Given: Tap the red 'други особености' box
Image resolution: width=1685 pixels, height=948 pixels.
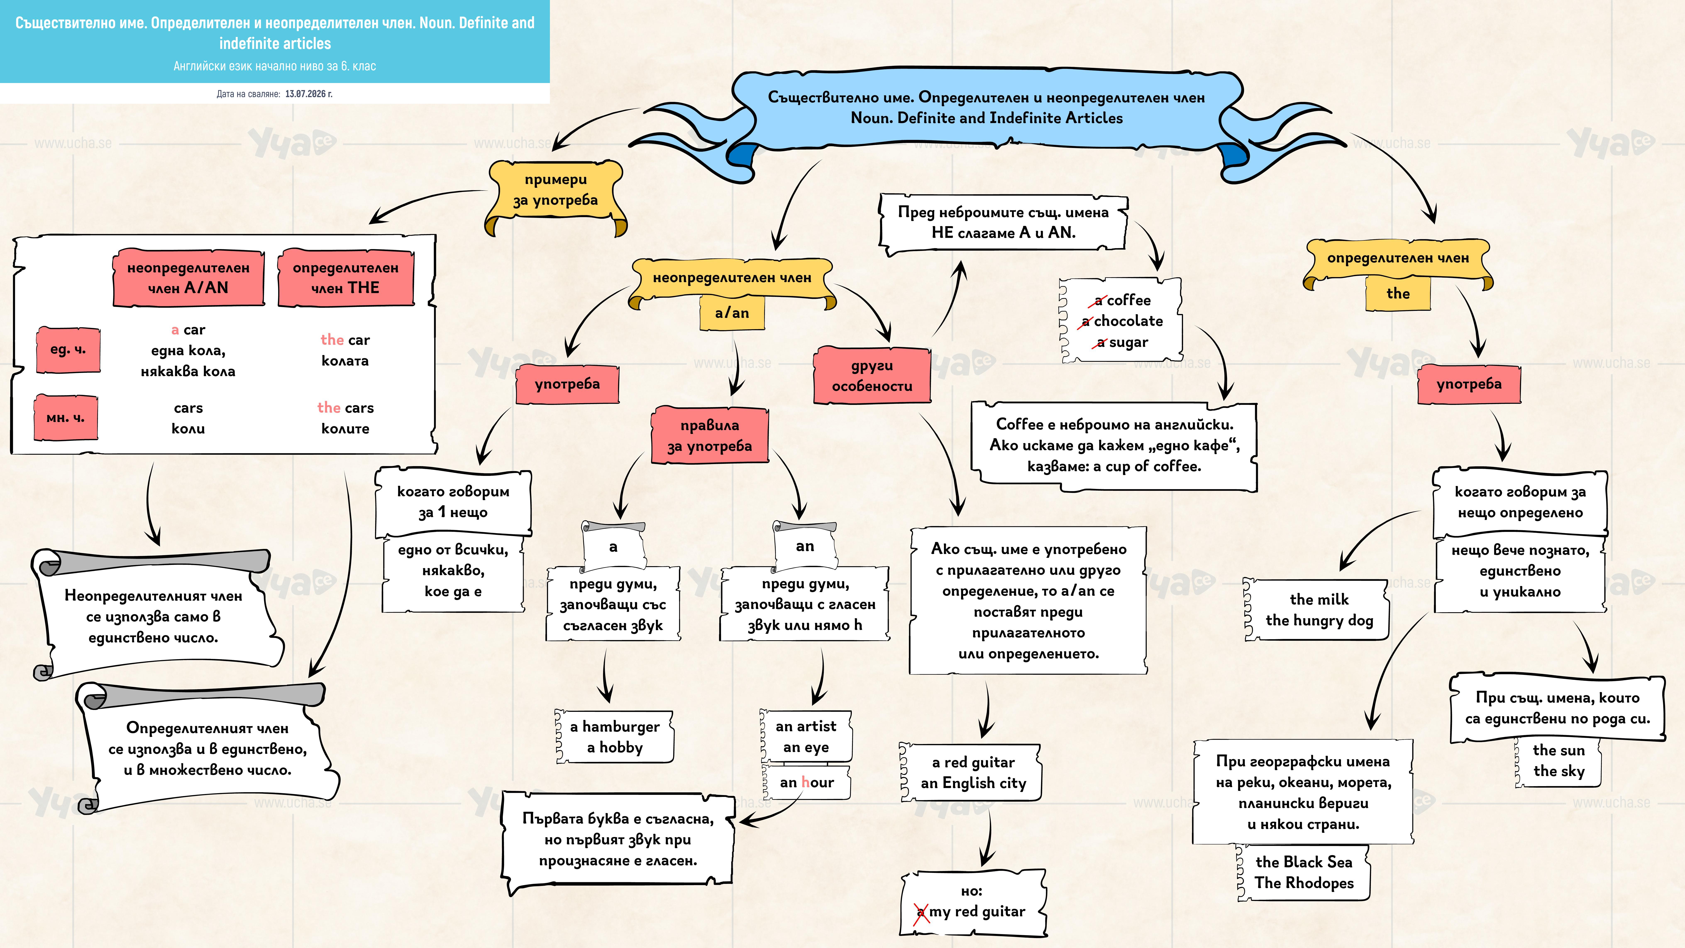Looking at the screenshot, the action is pos(872,376).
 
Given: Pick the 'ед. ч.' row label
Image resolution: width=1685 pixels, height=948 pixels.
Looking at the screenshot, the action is pos(68,349).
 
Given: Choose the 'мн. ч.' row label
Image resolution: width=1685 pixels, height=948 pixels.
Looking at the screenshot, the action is pos(65,417).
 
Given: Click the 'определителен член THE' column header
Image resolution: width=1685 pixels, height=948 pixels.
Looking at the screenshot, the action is pos(345,277).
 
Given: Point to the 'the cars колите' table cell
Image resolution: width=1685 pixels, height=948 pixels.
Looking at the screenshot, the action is pos(345,418).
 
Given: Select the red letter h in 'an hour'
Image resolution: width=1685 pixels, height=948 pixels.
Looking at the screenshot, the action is pos(805,782).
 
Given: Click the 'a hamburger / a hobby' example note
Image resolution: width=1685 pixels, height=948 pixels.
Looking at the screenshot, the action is pos(614,737).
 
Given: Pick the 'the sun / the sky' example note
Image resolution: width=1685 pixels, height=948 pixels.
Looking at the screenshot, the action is pos(1558,761).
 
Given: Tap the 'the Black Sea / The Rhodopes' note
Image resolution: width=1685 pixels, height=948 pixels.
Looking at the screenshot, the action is pos(1304,873).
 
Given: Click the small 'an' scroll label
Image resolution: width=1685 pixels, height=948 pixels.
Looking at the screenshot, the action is pos(805,546).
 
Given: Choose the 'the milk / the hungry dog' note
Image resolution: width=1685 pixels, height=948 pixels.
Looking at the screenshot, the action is pos(1319,610).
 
